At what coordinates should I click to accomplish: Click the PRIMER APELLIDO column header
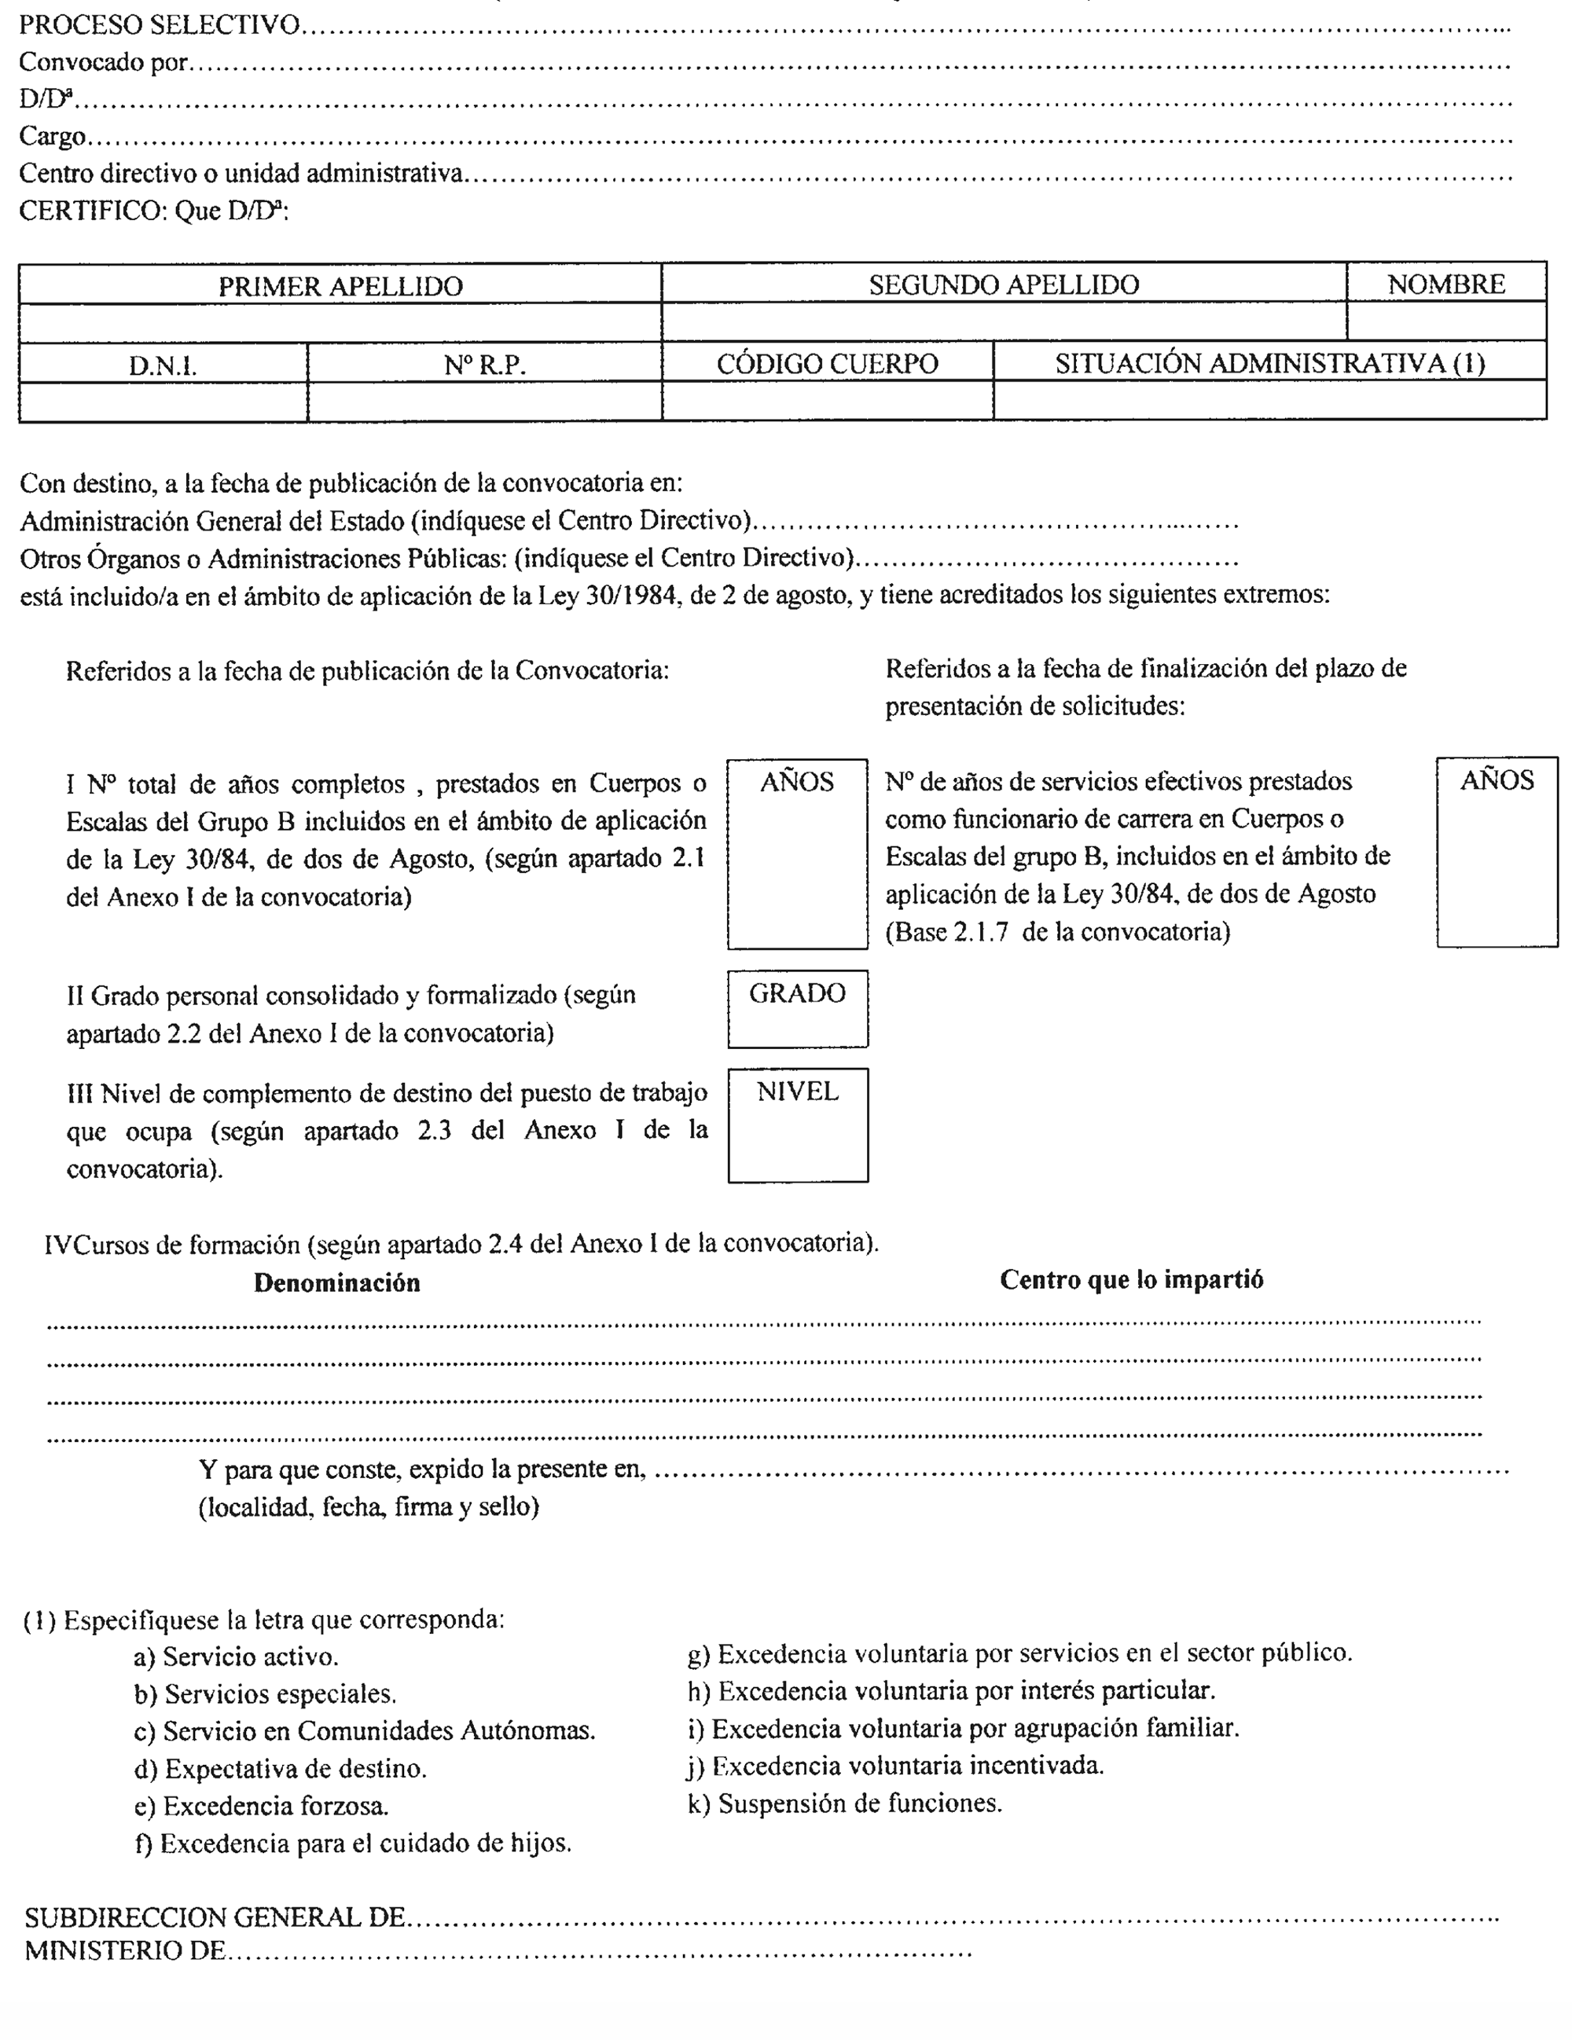pyautogui.click(x=340, y=286)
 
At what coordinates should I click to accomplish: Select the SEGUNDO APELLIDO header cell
pyautogui.click(x=1003, y=285)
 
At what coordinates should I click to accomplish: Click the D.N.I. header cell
pyautogui.click(x=163, y=365)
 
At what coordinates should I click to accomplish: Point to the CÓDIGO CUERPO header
pyautogui.click(x=827, y=363)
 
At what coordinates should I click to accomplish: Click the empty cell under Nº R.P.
pyautogui.click(x=484, y=402)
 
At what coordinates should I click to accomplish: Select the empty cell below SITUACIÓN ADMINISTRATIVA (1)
pyautogui.click(x=1269, y=401)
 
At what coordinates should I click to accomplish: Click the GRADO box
pyautogui.click(x=797, y=1009)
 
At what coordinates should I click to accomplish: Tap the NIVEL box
pyautogui.click(x=797, y=1125)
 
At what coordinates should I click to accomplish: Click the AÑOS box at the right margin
pyautogui.click(x=1497, y=852)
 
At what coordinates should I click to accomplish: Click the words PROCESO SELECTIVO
pyautogui.click(x=159, y=25)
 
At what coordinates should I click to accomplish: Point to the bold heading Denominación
pyautogui.click(x=336, y=1282)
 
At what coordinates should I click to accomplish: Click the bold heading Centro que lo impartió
pyautogui.click(x=1130, y=1279)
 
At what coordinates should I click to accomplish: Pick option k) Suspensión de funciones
pyautogui.click(x=844, y=1803)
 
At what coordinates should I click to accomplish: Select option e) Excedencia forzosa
pyautogui.click(x=262, y=1807)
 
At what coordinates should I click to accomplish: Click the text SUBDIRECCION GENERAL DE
pyautogui.click(x=215, y=1917)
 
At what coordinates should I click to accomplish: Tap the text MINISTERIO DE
pyautogui.click(x=125, y=1950)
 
